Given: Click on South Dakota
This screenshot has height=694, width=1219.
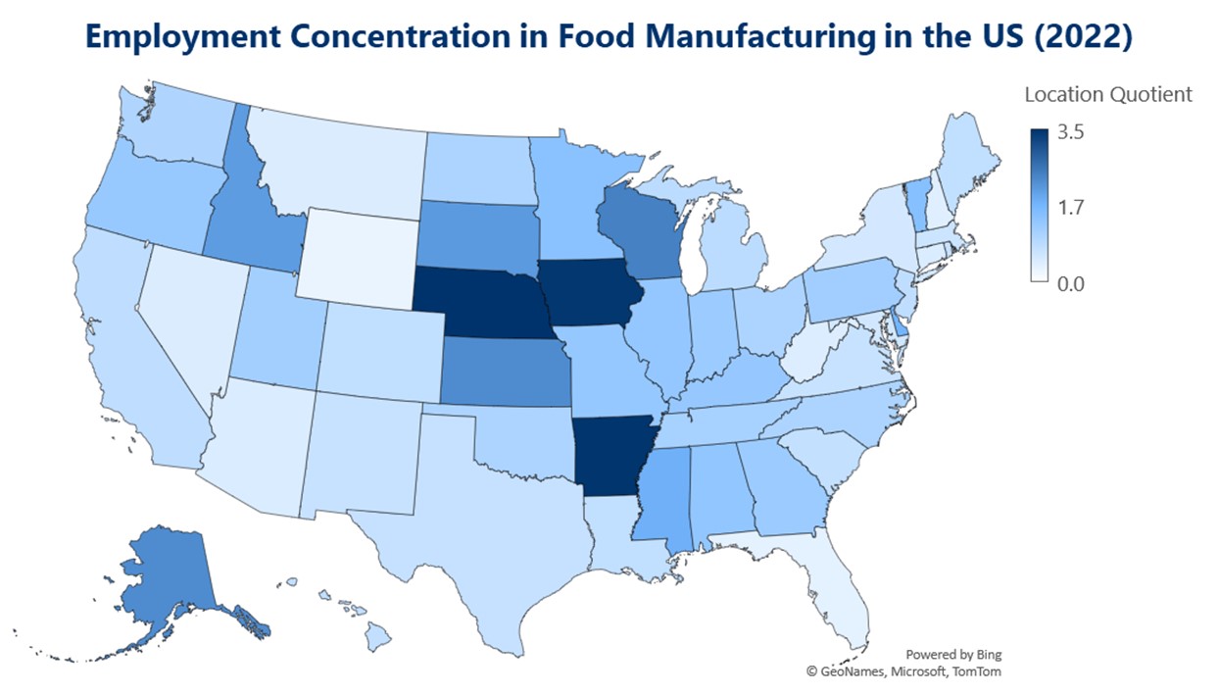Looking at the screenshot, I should tap(479, 235).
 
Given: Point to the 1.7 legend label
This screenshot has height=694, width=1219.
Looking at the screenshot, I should tap(1070, 207).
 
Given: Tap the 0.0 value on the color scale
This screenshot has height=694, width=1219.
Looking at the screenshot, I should tap(1070, 283).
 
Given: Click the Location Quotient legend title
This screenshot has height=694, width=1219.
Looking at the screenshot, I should tap(1107, 95).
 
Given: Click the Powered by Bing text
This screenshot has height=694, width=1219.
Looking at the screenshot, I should tap(952, 654).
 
